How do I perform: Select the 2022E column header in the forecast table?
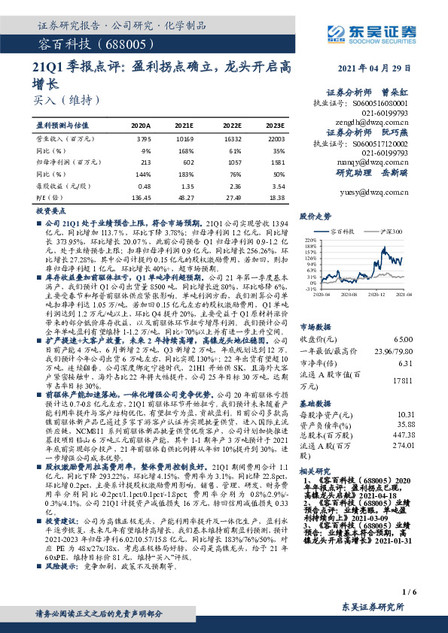(233, 126)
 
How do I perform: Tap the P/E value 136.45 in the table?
(141, 197)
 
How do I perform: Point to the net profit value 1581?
(276, 162)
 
